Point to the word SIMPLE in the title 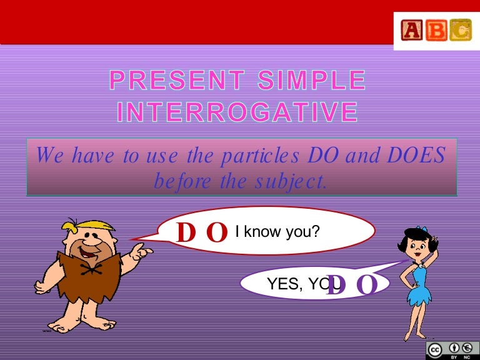pyautogui.click(x=318, y=81)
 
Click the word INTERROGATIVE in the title pyautogui.click(x=237, y=112)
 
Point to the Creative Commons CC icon pyautogui.click(x=436, y=349)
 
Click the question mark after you pyautogui.click(x=316, y=232)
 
